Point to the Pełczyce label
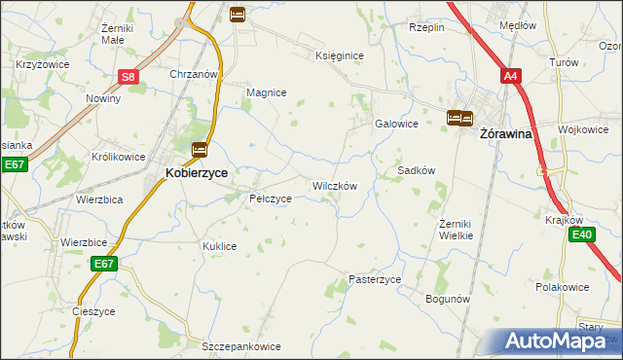tap(271, 198)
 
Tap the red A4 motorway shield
tap(511, 75)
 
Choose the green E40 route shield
tap(582, 234)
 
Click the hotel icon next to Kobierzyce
tap(200, 150)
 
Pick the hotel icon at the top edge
tap(238, 14)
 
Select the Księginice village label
tap(340, 56)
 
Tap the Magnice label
tap(266, 92)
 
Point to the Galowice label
tap(397, 124)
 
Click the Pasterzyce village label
tap(375, 279)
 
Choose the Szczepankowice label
tap(241, 346)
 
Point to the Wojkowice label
tap(582, 128)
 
